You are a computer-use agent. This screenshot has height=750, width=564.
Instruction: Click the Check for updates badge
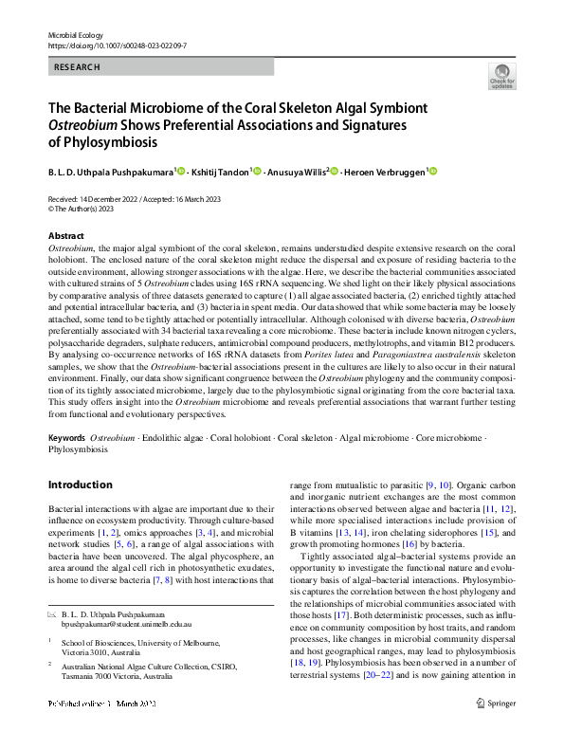(x=500, y=78)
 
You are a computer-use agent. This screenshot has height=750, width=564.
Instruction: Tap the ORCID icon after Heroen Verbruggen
(x=435, y=172)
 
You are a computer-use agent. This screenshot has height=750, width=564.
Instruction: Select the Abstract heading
(x=65, y=235)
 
